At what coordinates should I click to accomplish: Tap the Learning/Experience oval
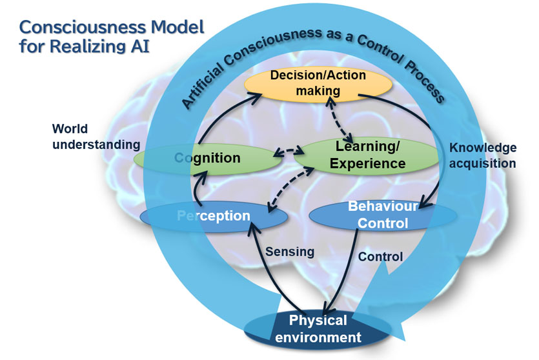tap(367, 156)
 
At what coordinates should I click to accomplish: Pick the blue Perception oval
tap(214, 215)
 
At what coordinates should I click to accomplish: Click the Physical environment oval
tap(316, 328)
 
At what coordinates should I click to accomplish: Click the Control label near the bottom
tap(381, 257)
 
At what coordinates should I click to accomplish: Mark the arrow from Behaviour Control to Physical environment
tap(346, 271)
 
